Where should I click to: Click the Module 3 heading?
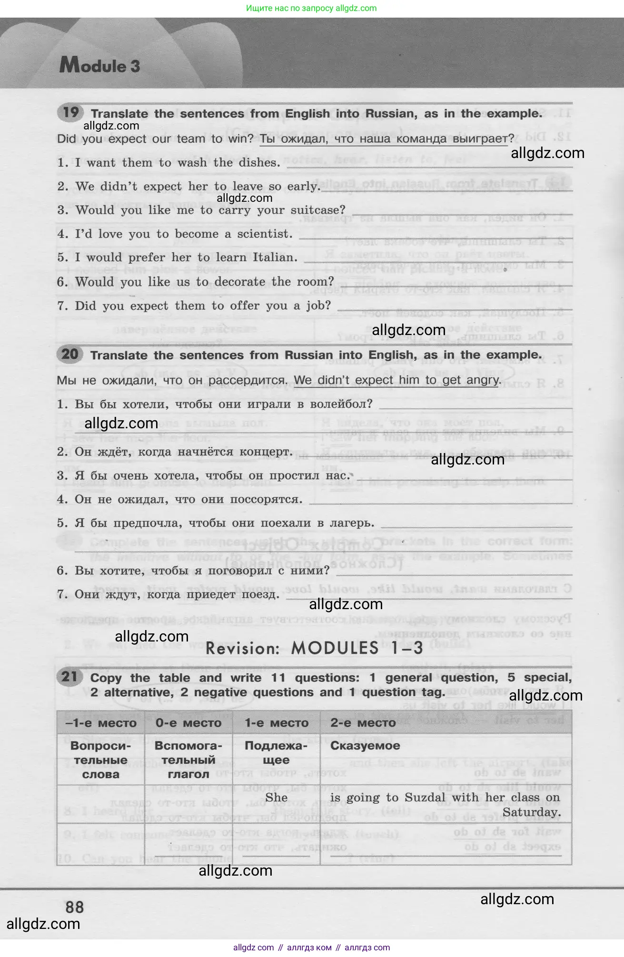[100, 65]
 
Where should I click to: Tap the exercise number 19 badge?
[70, 113]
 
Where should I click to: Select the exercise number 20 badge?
[70, 355]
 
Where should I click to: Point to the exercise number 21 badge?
[70, 677]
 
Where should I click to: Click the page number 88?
[75, 907]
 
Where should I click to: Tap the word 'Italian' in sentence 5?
[275, 257]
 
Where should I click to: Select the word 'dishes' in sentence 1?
[261, 163]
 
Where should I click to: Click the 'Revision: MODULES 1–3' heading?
[314, 648]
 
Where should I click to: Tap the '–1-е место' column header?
[100, 723]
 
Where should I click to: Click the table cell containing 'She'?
[277, 798]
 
